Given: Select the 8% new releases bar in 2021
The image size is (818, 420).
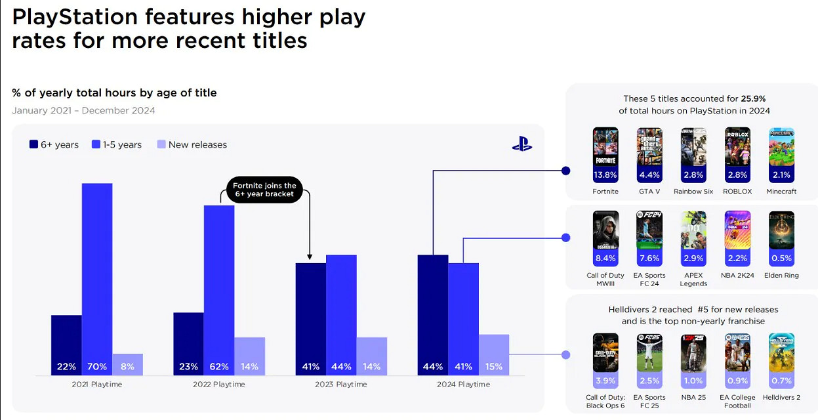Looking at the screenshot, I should click(x=127, y=364).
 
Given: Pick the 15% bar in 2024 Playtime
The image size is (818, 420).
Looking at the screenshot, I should click(x=494, y=355).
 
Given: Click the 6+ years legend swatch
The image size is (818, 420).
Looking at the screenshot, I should click(x=33, y=144).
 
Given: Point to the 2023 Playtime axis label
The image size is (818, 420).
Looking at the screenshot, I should click(x=341, y=384).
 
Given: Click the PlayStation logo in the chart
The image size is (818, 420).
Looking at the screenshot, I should click(x=522, y=144).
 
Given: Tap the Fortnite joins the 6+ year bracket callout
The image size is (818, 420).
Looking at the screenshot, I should click(x=264, y=190).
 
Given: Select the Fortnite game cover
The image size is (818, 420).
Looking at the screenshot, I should click(x=605, y=148).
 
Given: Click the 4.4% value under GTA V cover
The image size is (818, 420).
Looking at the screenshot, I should click(x=649, y=175).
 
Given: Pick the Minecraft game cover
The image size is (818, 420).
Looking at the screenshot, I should click(x=781, y=148).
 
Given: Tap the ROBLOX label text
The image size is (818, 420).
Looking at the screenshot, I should click(x=737, y=192).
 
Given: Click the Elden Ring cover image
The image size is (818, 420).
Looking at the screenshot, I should click(x=781, y=230).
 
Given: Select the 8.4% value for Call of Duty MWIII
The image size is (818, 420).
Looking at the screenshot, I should click(x=605, y=259).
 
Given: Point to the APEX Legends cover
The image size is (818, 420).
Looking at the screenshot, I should click(x=693, y=230).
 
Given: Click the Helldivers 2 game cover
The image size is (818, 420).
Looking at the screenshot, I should click(x=781, y=352).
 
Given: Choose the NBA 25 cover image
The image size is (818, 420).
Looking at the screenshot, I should click(x=693, y=352).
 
